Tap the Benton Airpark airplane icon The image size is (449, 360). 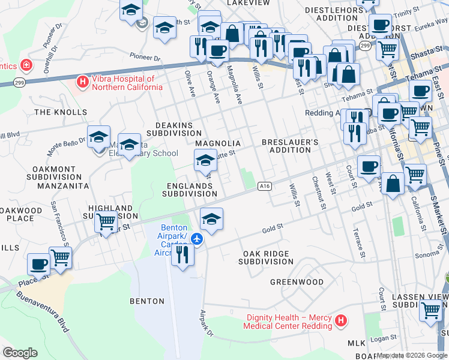[x=196, y=238]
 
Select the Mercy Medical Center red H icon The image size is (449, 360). [x=341, y=321]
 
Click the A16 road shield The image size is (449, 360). [x=265, y=187]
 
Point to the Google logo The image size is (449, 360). [x=20, y=352]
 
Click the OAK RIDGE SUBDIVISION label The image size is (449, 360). [x=266, y=258]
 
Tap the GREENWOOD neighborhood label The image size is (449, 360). [x=297, y=282]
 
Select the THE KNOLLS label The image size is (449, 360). [x=61, y=112]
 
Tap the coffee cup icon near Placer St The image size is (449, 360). [x=39, y=263]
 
